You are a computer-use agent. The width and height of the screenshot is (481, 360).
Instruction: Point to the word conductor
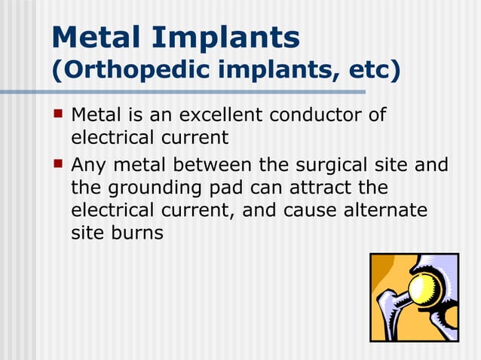pos(322,115)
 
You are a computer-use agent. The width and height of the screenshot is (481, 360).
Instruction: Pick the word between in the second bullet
pos(216,163)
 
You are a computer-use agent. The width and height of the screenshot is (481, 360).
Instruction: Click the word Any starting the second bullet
pos(90,164)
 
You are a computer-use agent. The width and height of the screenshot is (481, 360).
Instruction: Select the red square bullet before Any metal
pos(58,163)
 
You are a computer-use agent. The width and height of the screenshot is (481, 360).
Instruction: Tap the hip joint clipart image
pos(414,297)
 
